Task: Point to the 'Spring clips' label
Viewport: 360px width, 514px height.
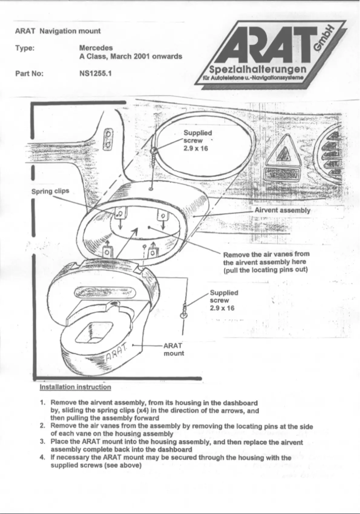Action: [x=50, y=191]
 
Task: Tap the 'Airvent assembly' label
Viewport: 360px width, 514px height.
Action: [x=282, y=210]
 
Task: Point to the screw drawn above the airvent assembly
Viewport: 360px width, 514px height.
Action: [x=154, y=157]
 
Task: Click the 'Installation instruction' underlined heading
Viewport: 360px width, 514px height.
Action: [x=75, y=387]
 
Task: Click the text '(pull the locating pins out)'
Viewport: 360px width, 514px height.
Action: [x=265, y=270]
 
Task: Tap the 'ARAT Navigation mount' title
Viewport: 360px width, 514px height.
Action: [x=57, y=31]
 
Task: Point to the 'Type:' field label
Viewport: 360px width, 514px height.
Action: [x=25, y=48]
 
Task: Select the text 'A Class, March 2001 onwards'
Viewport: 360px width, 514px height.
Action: [x=130, y=57]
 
